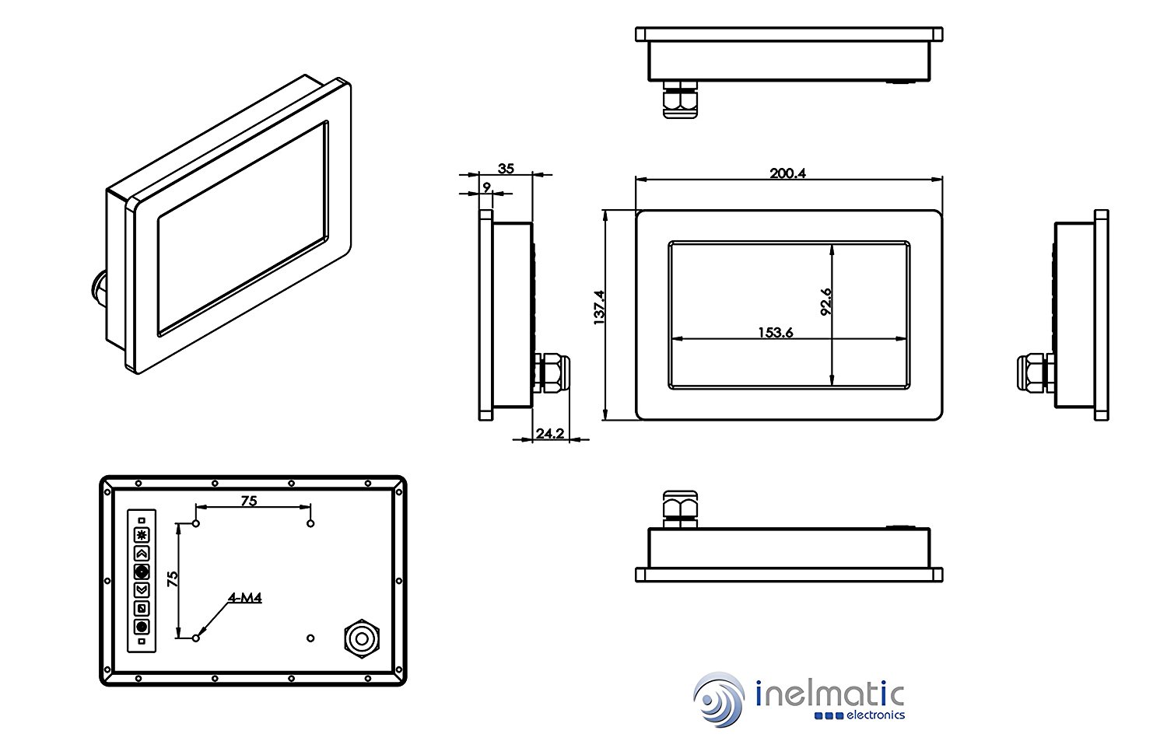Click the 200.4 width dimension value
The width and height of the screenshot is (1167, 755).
pos(787,173)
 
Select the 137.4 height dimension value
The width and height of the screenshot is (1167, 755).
pos(599,307)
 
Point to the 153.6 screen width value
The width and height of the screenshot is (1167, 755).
pos(775,333)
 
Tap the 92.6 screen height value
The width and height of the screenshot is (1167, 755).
pos(825,302)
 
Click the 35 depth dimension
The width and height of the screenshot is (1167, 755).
pos(506,168)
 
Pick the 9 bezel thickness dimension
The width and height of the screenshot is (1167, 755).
pos(487,187)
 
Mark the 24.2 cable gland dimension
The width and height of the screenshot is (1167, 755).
pos(549,433)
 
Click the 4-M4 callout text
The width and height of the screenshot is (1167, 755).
pos(244,598)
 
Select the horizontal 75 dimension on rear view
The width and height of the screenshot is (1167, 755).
pos(248,501)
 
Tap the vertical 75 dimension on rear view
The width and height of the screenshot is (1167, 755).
pos(173,578)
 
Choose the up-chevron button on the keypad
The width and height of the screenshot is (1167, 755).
pos(141,554)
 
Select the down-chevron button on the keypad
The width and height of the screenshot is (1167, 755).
pos(141,589)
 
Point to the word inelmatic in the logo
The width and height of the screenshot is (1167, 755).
pos(829,693)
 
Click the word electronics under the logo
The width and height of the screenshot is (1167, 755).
pos(874,715)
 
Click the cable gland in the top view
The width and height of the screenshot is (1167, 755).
pos(680,99)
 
